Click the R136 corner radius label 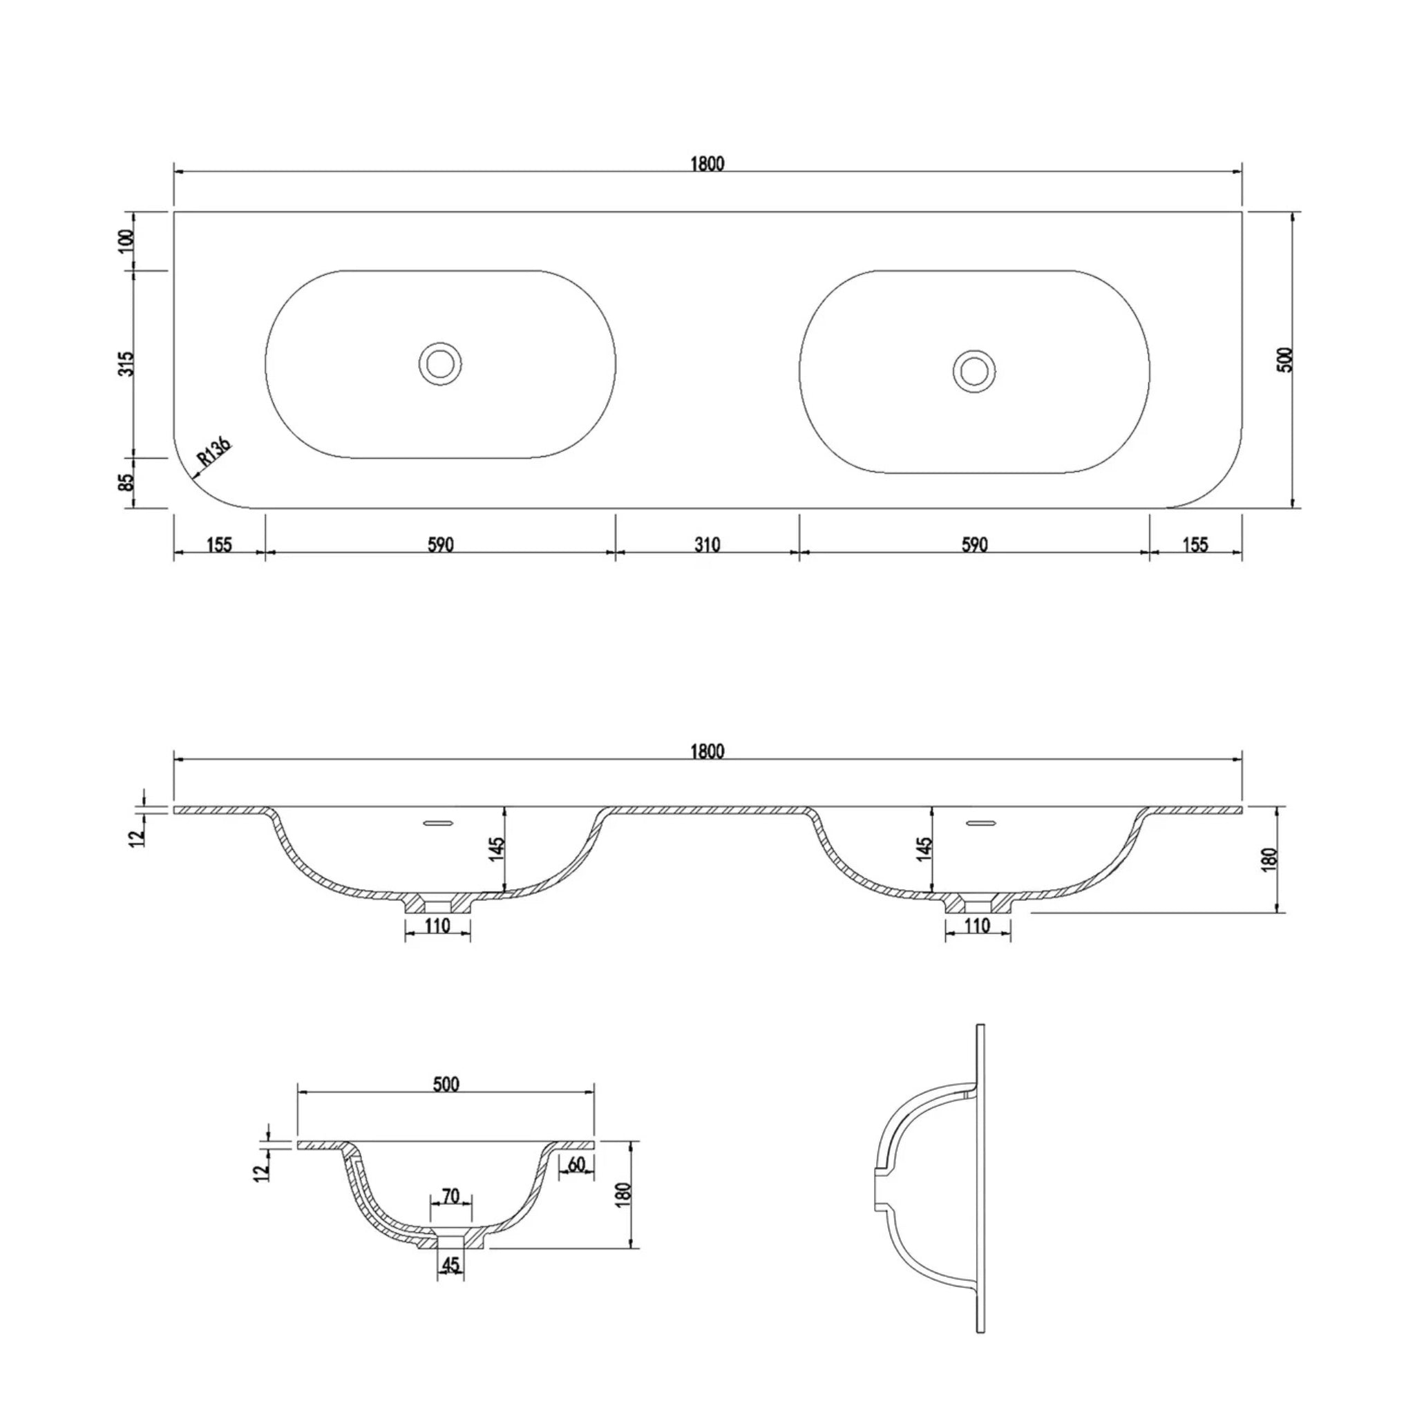tap(215, 453)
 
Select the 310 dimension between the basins tap(707, 545)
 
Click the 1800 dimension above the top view tap(707, 164)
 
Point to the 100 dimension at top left tap(126, 240)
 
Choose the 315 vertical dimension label tap(126, 364)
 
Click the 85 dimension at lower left tap(126, 482)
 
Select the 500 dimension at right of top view tap(1286, 359)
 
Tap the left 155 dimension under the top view tap(219, 545)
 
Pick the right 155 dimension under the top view tap(1195, 545)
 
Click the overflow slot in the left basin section tap(439, 823)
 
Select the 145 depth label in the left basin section tap(497, 848)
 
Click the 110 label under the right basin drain tap(978, 926)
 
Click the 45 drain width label tap(450, 1265)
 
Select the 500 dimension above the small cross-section tap(446, 1084)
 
